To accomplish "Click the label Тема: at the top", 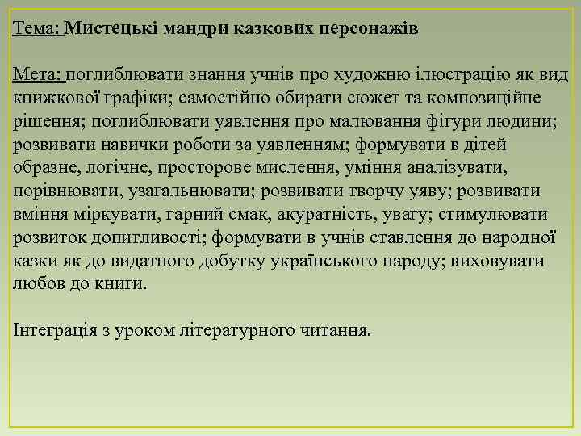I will click(x=37, y=28).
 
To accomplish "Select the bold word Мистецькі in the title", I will click(x=110, y=28).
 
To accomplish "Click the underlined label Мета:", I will click(x=38, y=75).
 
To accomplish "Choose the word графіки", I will click(x=157, y=99).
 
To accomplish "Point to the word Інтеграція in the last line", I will click(x=56, y=332).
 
